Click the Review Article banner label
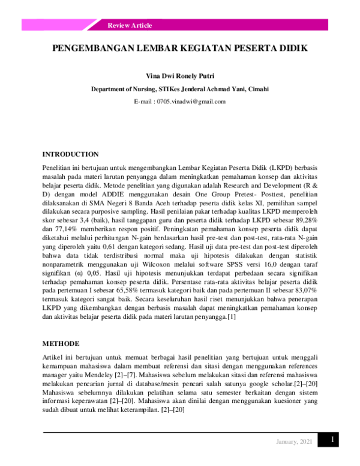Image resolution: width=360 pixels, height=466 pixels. coord(130,25)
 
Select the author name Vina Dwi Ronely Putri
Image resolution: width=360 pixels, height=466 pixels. coord(179,77)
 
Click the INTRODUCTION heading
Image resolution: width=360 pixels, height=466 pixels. coord(70,154)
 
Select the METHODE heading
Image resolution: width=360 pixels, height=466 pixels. coord(61,343)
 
